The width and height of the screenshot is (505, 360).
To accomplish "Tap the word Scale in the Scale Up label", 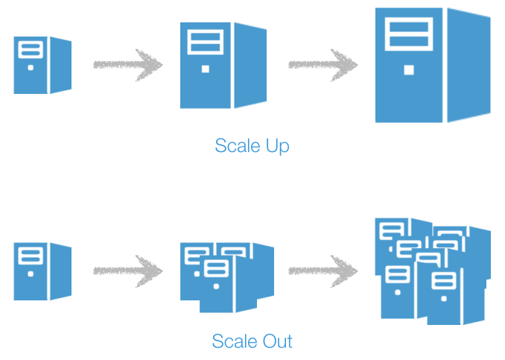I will coord(233,146).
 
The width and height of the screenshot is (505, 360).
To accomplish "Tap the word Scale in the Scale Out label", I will coord(232,342).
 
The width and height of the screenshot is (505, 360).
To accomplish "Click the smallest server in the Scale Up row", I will coord(42,65).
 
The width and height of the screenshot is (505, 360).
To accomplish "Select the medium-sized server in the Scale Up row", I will coord(222,65).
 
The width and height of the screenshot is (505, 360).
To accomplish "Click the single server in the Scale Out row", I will coord(42,271).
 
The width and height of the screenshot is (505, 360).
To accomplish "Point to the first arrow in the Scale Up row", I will coord(128,65).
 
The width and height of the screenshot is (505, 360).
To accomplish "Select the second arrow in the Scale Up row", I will coord(323,65).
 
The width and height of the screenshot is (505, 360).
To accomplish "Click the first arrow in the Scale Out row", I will coord(128,271).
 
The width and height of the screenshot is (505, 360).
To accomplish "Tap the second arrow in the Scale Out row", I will coord(323,271).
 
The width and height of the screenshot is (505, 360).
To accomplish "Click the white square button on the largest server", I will coord(408,70).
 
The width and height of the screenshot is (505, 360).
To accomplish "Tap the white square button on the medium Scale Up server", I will coord(205,69).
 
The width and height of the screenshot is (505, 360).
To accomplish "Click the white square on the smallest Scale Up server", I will coord(31,67).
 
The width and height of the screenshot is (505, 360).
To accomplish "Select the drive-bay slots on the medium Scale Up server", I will coord(205,40).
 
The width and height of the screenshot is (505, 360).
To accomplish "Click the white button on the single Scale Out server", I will coord(31,274).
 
